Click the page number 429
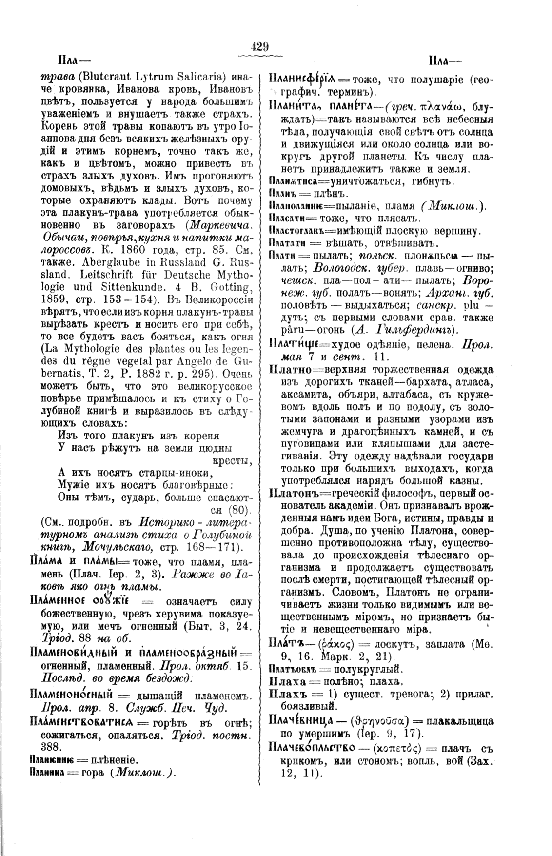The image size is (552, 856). pyautogui.click(x=259, y=47)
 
